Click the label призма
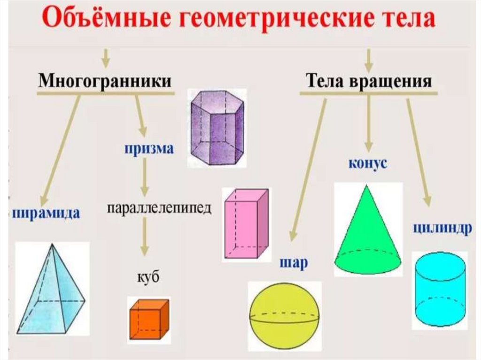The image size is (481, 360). (x=149, y=149)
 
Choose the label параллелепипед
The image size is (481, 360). (x=159, y=208)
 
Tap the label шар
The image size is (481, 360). (x=293, y=263)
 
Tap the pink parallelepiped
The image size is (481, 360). (x=245, y=223)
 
